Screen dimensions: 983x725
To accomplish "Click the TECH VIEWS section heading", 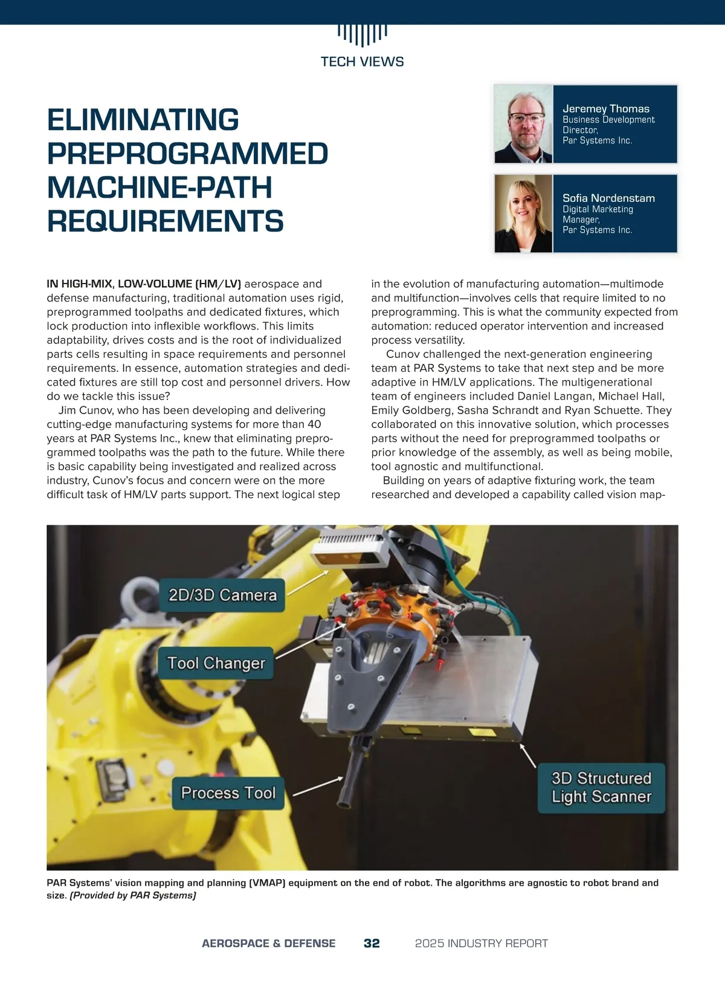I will point(362,62).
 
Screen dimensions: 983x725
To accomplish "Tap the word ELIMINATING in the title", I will point(143,120).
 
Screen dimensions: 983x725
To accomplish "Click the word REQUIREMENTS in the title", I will point(165,221).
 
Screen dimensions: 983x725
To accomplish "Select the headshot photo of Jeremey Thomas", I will point(523,125).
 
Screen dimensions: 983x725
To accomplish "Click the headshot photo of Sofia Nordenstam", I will point(523,213).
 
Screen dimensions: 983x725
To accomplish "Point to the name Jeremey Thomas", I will point(606,109).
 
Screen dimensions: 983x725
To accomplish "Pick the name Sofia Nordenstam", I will point(608,198).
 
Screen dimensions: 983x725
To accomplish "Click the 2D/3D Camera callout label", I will point(222,595).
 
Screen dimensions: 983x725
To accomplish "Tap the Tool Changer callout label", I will point(216,663).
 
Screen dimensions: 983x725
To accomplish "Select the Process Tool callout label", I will point(228,793).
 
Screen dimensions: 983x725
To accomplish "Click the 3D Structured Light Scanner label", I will point(601,787).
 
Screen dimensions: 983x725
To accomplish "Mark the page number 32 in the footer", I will point(372,943).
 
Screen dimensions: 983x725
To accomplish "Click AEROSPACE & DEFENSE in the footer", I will point(268,943).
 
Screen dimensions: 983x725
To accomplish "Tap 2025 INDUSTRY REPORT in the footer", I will point(482,943).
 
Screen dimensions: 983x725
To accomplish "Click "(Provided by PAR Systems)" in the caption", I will point(133,895).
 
